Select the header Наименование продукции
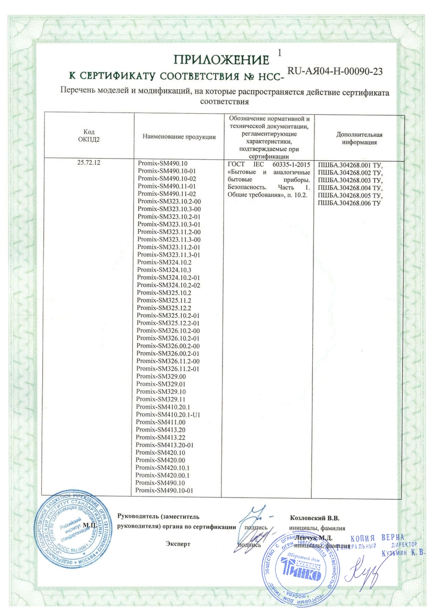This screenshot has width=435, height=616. [x=179, y=137]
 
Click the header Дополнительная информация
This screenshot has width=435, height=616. [x=359, y=138]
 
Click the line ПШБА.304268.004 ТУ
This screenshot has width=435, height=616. [x=350, y=187]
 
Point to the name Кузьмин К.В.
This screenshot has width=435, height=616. [x=401, y=552]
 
